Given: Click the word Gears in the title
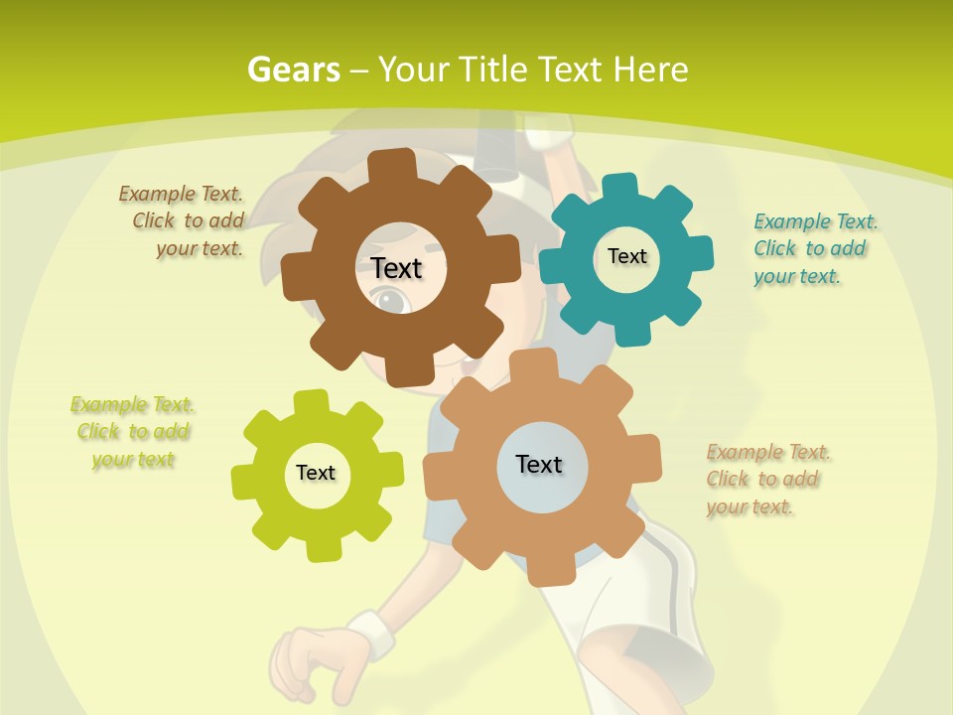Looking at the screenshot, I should coord(293,70).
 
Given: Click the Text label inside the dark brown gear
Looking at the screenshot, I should coord(396,268).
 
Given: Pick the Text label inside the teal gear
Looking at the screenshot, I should coord(626,256).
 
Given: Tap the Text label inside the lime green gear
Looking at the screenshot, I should coord(316,473).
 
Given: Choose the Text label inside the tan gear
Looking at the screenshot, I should coord(539,464).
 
